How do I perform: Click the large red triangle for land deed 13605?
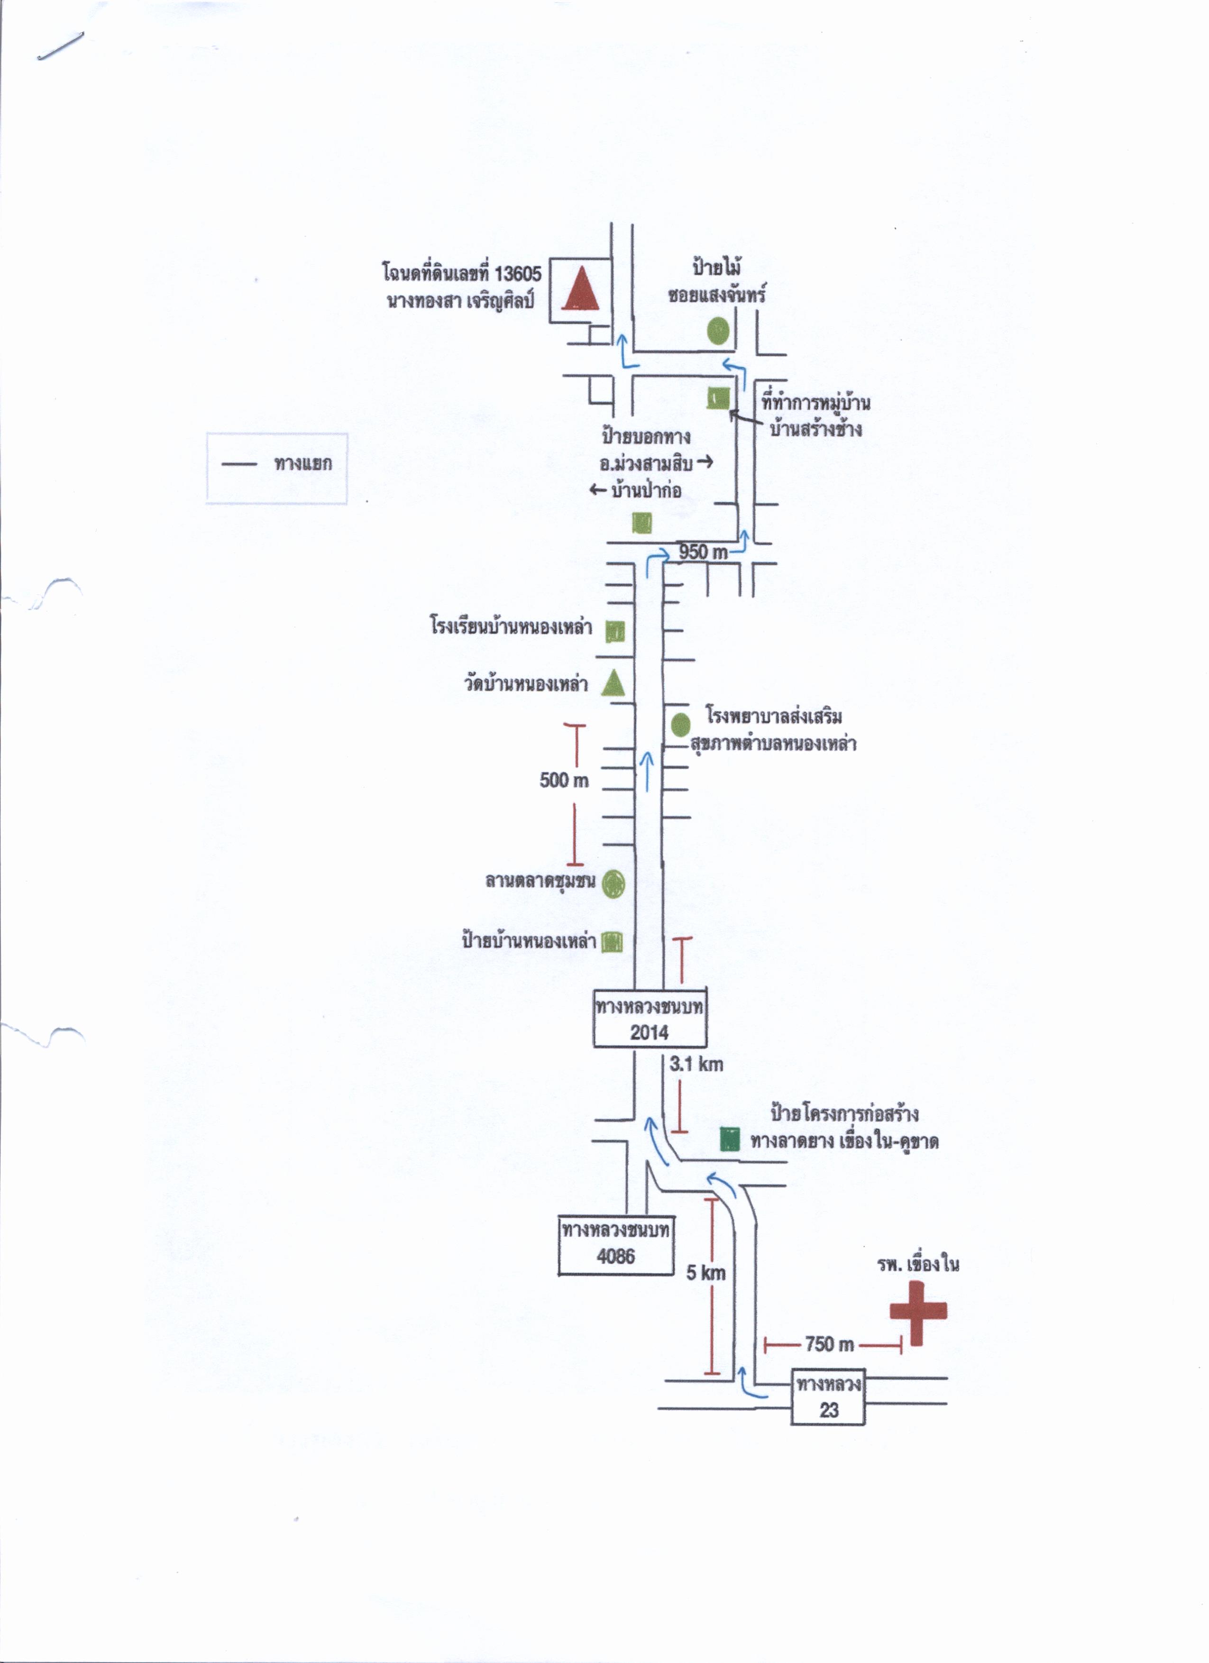coord(581,288)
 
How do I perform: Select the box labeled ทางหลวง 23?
coord(828,1397)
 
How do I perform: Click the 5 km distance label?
coord(705,1273)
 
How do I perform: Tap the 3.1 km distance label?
coord(696,1064)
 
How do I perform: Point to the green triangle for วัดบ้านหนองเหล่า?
coord(613,683)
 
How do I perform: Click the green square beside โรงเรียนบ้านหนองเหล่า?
coord(615,631)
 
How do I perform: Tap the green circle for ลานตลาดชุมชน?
coord(613,883)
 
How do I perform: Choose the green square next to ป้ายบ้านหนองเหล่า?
coord(612,942)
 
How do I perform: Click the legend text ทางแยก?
coord(303,463)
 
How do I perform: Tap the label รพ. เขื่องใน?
coord(918,1263)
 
